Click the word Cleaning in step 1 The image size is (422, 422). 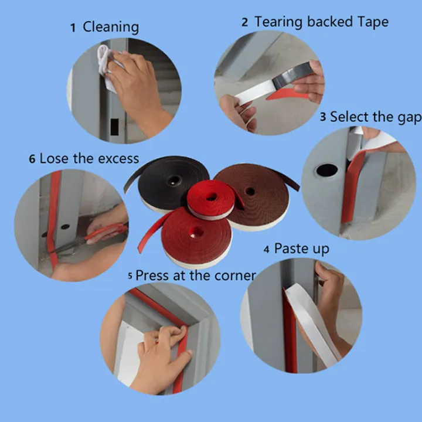click(111, 28)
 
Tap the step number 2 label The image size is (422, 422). click(244, 22)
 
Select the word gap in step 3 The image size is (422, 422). click(409, 118)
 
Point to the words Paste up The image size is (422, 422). click(302, 249)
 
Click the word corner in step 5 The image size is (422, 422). click(235, 275)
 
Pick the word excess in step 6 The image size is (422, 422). click(118, 159)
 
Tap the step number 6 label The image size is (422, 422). click(32, 159)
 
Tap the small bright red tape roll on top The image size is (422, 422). click(212, 200)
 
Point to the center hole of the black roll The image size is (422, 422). click(174, 181)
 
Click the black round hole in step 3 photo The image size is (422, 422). click(326, 170)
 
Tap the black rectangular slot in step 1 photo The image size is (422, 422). click(114, 127)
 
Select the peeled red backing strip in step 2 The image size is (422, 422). click(287, 94)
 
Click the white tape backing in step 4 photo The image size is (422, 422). click(312, 323)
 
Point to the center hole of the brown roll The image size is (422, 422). click(250, 191)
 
